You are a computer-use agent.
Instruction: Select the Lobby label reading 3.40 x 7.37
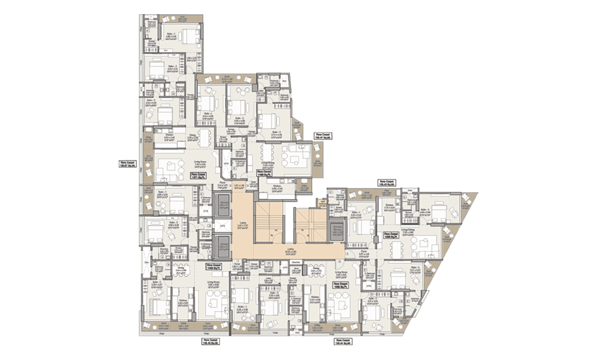243,224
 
